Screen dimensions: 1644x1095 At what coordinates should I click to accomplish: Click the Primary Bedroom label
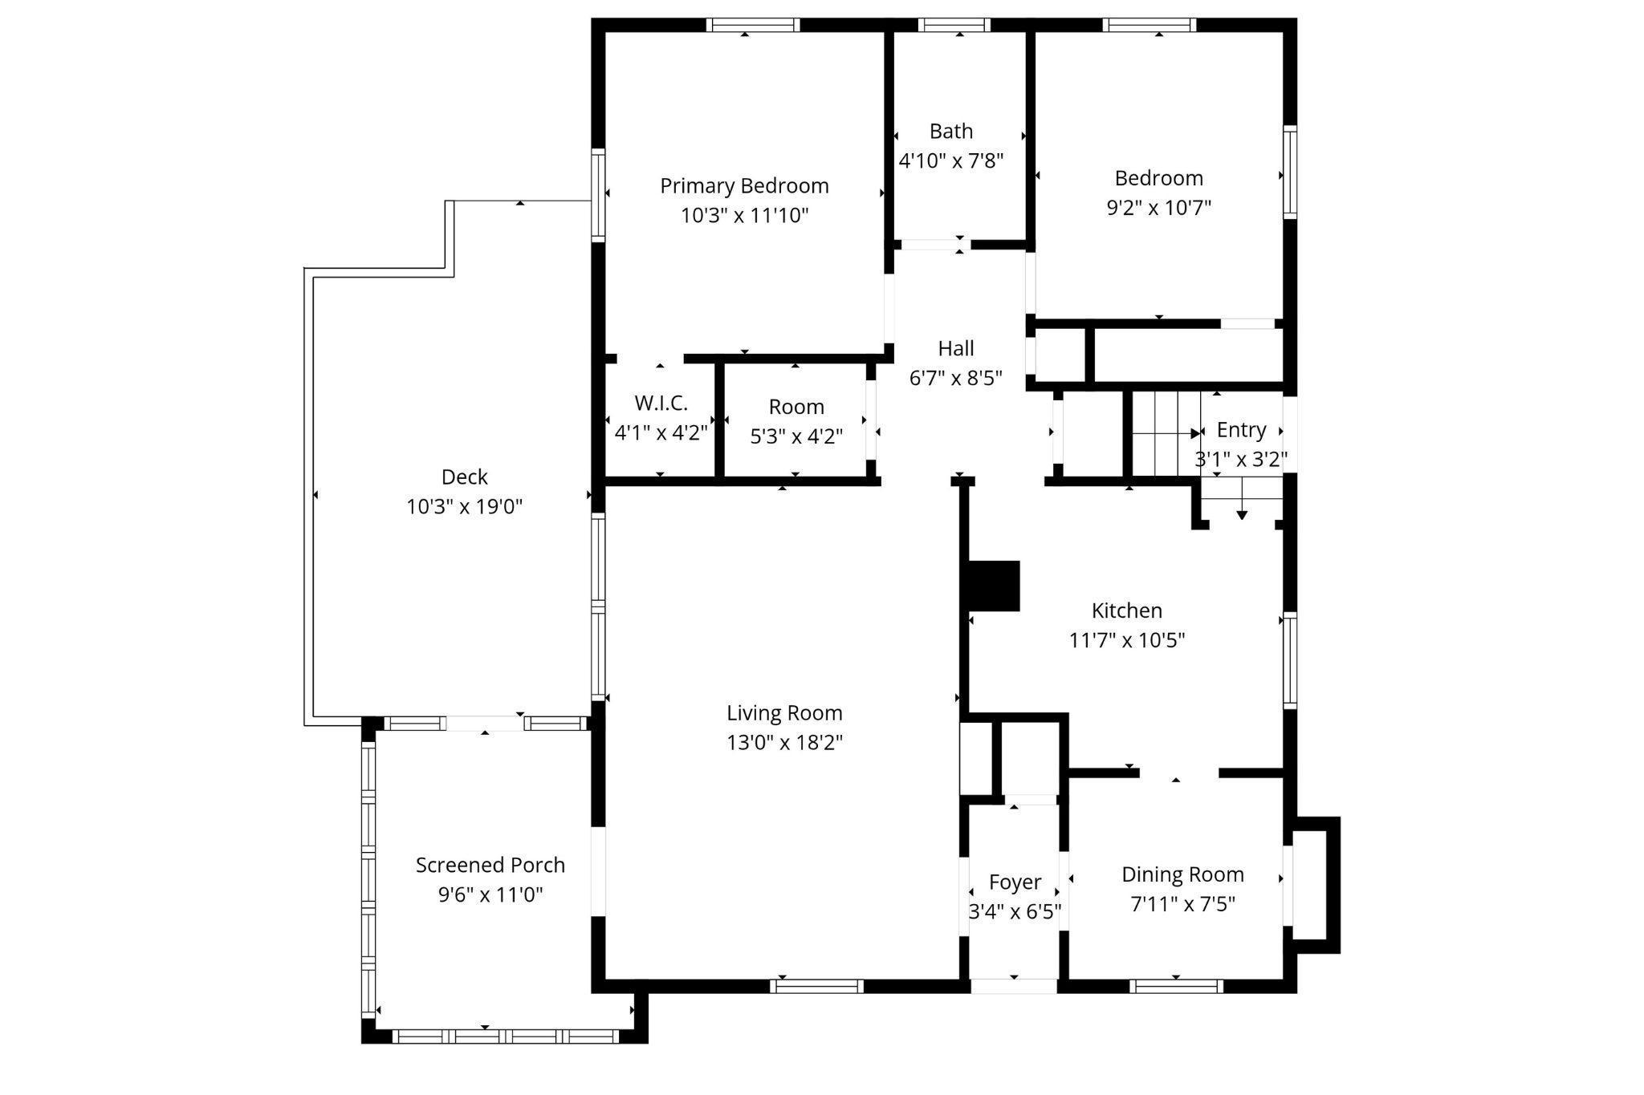744,186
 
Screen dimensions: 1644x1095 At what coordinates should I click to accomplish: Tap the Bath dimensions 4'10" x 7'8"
951,161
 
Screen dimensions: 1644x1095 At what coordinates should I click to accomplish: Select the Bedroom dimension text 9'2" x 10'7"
1158,208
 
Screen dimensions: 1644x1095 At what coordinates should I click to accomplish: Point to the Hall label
956,348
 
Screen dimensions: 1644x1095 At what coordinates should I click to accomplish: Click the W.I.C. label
661,403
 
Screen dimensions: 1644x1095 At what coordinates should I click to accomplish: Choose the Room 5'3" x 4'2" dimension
796,436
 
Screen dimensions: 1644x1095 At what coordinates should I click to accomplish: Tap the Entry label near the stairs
1241,430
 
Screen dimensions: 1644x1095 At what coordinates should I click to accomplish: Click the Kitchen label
1127,610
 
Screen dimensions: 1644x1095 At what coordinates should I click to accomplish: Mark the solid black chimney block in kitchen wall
994,586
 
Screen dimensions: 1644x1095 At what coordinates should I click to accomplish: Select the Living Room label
784,713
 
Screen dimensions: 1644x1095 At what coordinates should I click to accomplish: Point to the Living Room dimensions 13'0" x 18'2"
784,743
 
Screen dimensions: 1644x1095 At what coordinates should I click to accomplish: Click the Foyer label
1015,882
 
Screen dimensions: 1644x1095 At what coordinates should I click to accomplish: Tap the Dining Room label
1182,874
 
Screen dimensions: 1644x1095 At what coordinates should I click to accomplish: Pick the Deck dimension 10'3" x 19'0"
465,507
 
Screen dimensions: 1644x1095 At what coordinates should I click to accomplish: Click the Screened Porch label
490,866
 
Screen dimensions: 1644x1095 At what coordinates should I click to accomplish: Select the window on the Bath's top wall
954,25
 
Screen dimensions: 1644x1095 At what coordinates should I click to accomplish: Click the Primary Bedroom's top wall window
753,25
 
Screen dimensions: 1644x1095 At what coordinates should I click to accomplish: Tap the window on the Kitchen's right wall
1290,660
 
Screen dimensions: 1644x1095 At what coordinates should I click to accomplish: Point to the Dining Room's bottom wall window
1176,987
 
